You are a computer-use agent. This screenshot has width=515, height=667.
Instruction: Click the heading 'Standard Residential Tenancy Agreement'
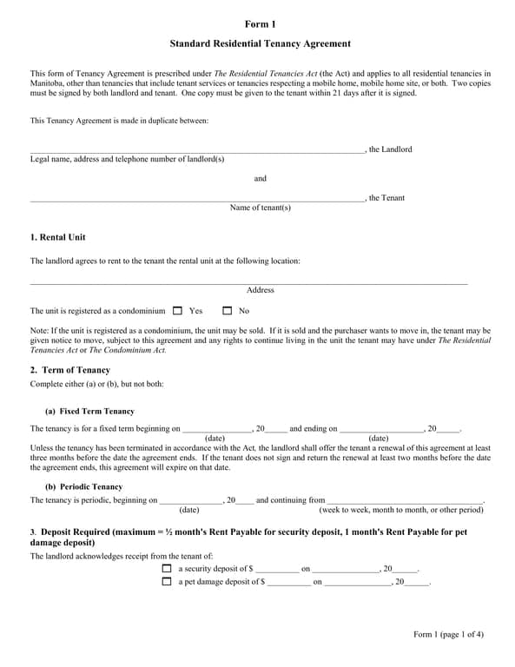260,43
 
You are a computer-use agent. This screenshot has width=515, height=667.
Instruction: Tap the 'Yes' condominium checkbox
178,310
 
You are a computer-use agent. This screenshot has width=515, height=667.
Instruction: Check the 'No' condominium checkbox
228,310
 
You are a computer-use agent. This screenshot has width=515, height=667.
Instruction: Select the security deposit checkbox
167,569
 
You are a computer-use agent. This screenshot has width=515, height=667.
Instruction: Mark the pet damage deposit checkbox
167,582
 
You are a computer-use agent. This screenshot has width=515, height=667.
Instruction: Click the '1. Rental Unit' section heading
58,237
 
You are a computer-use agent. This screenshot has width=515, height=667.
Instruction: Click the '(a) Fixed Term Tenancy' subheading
89,411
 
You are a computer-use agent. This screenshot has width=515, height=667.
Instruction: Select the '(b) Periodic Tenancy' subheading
83,486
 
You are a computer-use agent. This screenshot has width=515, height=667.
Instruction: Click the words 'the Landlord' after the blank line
390,149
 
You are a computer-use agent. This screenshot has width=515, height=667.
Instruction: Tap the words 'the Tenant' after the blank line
386,198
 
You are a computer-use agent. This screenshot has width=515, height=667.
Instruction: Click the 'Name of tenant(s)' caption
260,208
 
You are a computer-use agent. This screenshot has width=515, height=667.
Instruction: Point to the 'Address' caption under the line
260,290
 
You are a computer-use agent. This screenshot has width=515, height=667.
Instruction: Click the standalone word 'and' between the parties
260,178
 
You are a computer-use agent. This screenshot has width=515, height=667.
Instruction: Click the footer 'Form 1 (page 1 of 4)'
448,634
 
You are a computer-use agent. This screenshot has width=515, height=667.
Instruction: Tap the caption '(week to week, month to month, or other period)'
400,510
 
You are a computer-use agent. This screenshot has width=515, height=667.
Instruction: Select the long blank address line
248,282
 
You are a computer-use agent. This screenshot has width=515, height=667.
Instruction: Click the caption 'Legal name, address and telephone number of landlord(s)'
127,159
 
